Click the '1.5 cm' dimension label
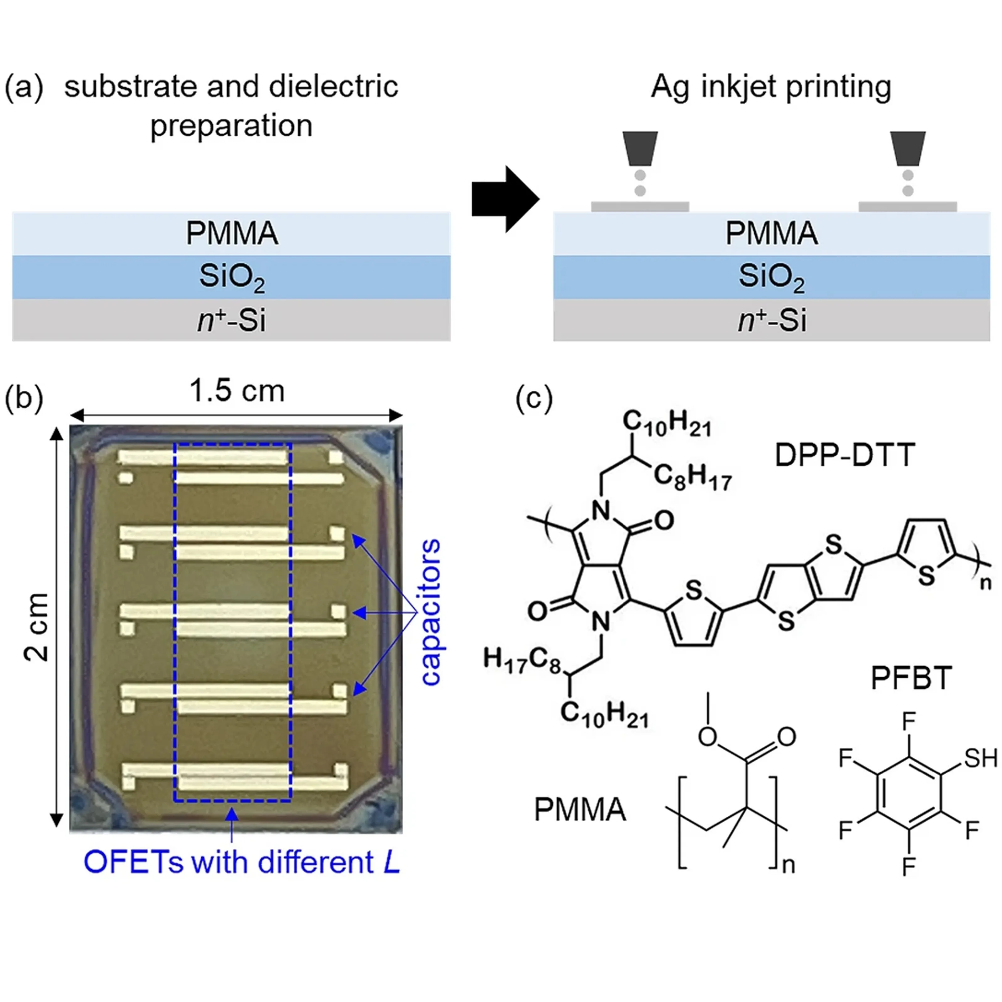[x=237, y=391]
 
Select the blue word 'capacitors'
[x=431, y=612]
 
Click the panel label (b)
[x=23, y=399]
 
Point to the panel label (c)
[x=534, y=399]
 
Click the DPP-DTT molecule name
[x=844, y=455]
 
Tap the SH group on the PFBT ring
[x=980, y=758]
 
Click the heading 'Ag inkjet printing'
[x=771, y=87]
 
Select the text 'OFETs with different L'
[x=242, y=862]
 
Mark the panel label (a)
[x=23, y=87]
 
